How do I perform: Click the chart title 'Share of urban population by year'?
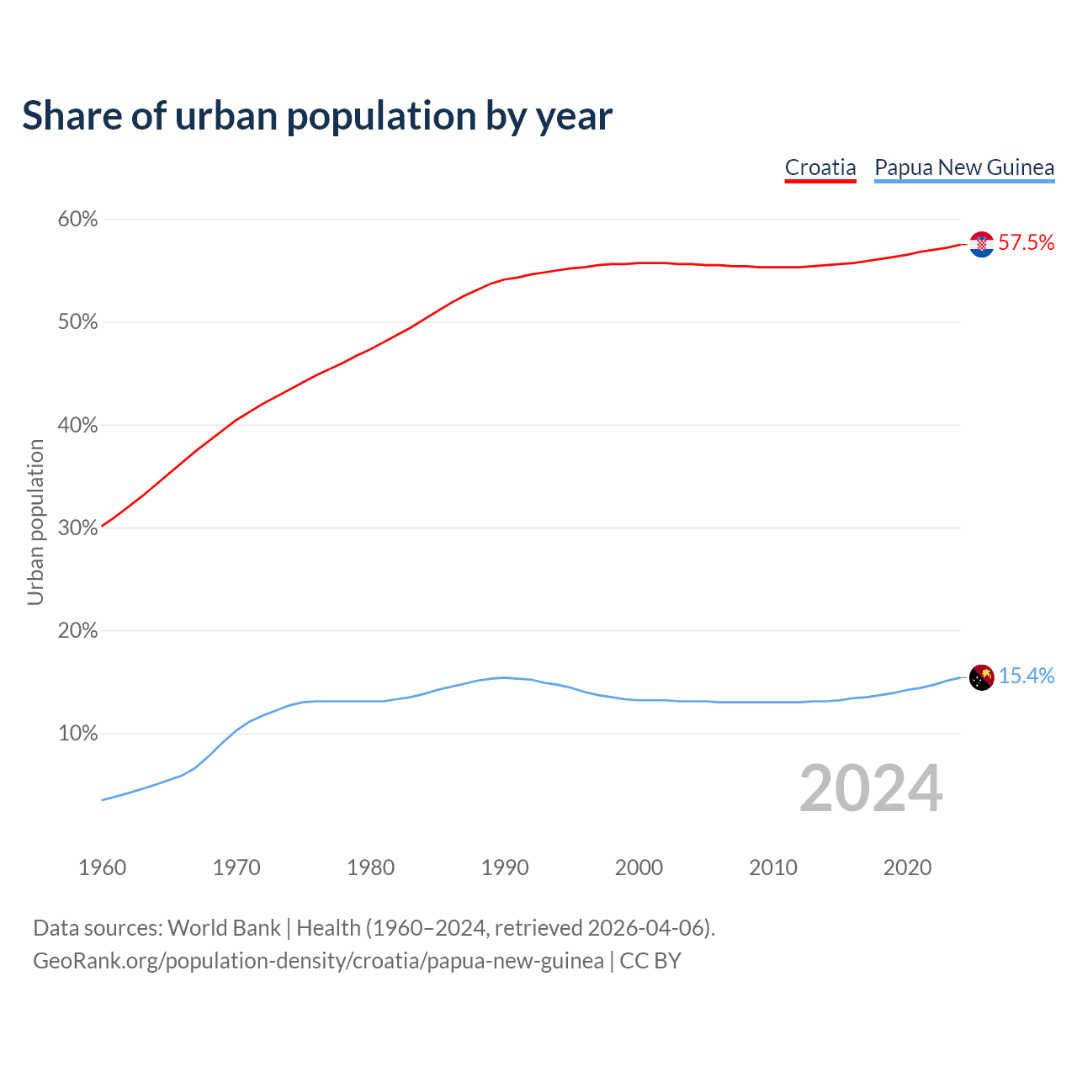click(x=317, y=116)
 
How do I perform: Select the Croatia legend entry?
click(x=820, y=167)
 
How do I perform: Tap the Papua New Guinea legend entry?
click(x=964, y=167)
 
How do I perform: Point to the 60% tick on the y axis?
click(x=77, y=220)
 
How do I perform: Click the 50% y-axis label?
click(x=77, y=322)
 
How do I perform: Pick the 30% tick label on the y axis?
click(x=77, y=528)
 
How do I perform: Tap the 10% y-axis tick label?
click(x=77, y=734)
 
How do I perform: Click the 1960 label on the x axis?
click(x=102, y=867)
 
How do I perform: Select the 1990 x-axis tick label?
click(x=505, y=867)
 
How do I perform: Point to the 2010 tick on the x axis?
click(x=773, y=867)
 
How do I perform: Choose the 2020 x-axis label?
click(x=907, y=867)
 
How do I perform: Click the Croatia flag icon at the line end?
click(x=981, y=244)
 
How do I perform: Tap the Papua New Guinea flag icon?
click(x=981, y=676)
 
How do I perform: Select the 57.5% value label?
click(x=1027, y=243)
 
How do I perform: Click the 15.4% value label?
click(x=1027, y=676)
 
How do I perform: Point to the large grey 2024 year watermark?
click(x=871, y=788)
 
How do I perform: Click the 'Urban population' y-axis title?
click(x=35, y=522)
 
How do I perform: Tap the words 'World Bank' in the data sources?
click(x=224, y=928)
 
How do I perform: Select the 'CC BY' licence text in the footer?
click(x=650, y=961)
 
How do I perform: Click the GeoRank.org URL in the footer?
click(x=318, y=961)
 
